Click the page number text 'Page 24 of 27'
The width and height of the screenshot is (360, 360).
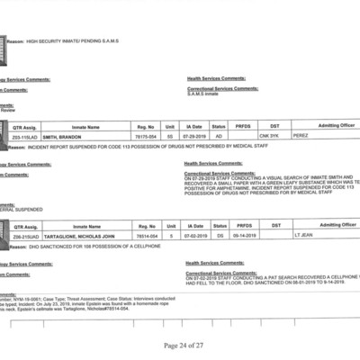[184, 346]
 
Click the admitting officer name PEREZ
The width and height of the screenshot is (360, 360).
[303, 135]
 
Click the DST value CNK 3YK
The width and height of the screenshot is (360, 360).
[274, 135]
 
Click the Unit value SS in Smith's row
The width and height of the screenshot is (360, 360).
[170, 135]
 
